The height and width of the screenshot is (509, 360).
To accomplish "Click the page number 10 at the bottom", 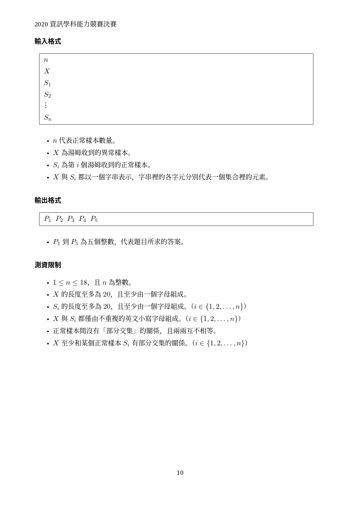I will coord(180,473).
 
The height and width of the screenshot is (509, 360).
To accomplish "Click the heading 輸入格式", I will coord(48,41).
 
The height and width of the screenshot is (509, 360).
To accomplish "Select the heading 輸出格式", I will coord(48,201).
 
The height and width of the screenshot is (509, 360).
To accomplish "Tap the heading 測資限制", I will coord(48,265).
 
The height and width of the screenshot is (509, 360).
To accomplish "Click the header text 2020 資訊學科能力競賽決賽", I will coord(75,24).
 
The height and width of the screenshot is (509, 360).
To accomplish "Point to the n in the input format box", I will coord(46,60).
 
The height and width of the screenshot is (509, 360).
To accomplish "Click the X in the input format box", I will coord(47,71).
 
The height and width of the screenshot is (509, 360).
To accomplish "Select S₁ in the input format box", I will coord(47,83).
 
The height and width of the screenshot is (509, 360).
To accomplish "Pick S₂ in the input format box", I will coord(47,95).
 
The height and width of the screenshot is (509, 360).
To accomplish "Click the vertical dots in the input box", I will coord(46,105).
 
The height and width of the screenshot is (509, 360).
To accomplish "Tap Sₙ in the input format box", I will coord(48,118).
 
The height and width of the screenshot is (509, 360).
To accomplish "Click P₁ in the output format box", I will coord(48,219).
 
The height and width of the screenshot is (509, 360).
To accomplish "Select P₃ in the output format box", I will coord(71,219).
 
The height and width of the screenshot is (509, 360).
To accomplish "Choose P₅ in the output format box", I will coord(94,219).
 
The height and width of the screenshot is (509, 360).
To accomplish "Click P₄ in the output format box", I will coord(82,219).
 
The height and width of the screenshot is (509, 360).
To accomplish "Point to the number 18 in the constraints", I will coord(84,282).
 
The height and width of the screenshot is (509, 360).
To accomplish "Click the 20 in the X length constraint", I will coord(106,295).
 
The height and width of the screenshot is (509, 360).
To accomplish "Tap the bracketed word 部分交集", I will coord(120,331).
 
